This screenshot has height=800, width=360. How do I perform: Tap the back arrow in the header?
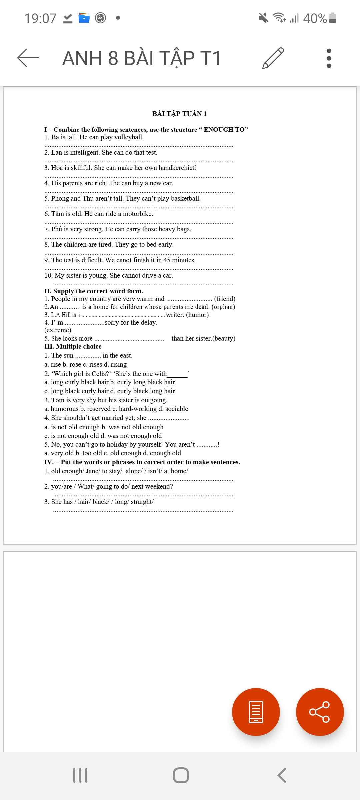click(28, 58)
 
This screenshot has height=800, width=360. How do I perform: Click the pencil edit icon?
click(273, 58)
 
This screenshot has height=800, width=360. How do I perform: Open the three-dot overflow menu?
click(329, 58)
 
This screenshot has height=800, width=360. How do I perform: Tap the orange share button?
click(320, 712)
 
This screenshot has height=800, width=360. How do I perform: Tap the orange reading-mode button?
click(256, 712)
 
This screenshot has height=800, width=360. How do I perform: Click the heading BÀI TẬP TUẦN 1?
click(179, 114)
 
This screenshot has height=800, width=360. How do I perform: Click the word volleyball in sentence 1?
click(128, 137)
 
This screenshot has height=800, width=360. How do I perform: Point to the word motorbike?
click(138, 214)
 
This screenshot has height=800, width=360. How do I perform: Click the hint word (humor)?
click(197, 315)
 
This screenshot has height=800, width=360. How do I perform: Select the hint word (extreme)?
click(58, 330)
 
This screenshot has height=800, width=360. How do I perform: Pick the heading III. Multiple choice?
click(73, 347)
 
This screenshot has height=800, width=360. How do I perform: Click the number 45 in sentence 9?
click(167, 260)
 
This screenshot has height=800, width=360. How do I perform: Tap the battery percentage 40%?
click(315, 18)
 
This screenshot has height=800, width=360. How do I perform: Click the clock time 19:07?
click(40, 18)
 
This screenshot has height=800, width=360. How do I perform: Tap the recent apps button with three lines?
click(80, 775)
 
